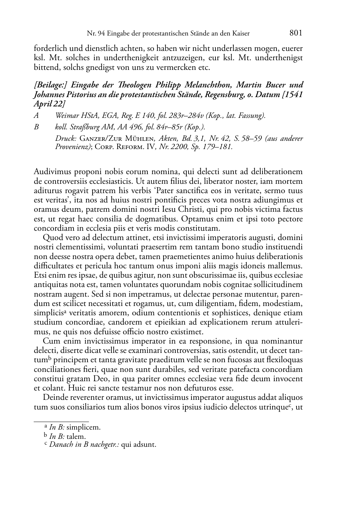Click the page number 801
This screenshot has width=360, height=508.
(296, 33)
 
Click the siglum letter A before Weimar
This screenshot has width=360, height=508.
(36, 115)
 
